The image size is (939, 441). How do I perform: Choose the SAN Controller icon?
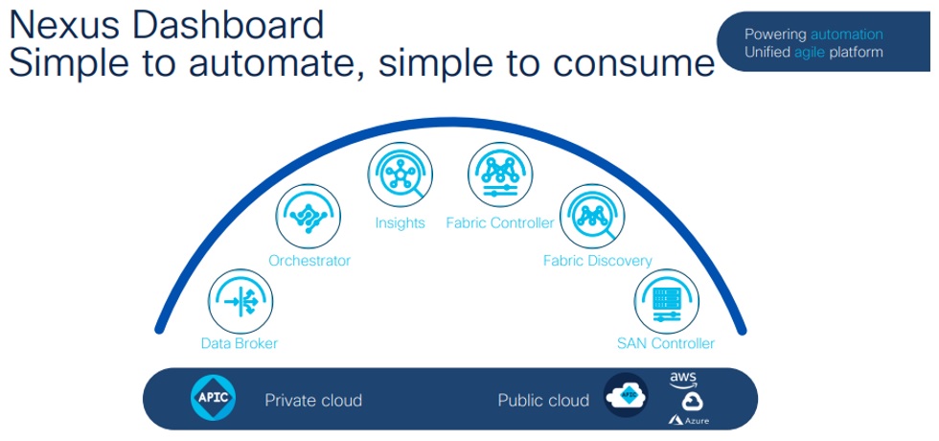pos(665,299)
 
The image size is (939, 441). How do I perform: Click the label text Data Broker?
pos(240,343)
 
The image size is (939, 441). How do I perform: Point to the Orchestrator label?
pos(309,260)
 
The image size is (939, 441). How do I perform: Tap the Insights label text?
pos(400,223)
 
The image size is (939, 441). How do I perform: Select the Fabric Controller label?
pos(500,223)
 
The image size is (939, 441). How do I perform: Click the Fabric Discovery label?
pos(597,260)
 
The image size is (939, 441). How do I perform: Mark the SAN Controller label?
pos(666,343)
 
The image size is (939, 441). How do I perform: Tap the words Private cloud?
pos(313,400)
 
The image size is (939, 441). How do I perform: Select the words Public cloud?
pos(543,400)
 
